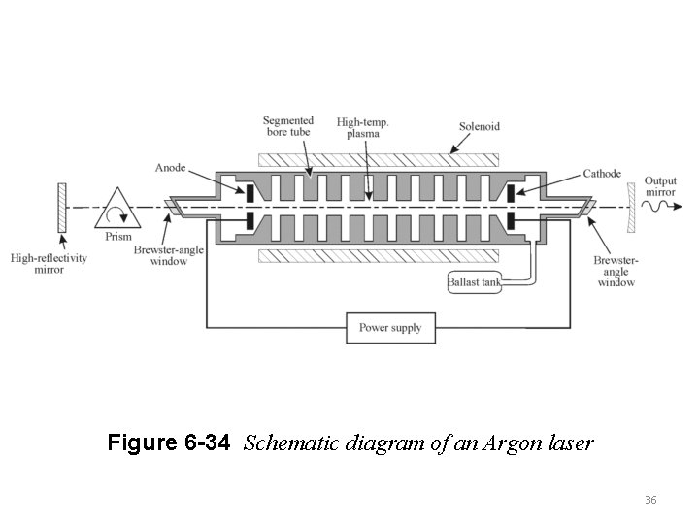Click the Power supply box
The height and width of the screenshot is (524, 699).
point(390,328)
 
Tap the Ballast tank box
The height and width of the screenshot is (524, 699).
point(475,282)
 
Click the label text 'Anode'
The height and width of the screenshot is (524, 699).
point(170,167)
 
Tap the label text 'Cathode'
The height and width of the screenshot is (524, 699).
point(602,174)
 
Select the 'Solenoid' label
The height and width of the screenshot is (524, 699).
point(480,127)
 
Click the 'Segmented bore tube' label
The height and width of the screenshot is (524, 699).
point(288,125)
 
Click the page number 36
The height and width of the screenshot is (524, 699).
point(650,500)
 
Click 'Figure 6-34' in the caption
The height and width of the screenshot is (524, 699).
point(169,443)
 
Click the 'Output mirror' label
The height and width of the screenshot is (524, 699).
point(661,185)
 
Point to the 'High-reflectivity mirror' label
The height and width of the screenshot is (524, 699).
point(50,263)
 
